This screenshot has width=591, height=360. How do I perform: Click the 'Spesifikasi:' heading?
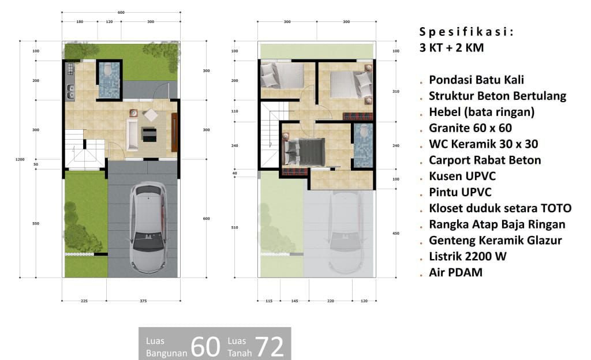(466, 32)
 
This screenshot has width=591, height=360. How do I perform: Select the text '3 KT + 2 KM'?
(451, 48)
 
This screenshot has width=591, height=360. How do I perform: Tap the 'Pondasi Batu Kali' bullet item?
(476, 80)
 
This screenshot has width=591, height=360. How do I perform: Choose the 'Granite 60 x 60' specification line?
(470, 128)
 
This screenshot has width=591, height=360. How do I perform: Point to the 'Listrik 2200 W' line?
(467, 257)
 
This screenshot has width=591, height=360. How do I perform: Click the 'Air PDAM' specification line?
(456, 273)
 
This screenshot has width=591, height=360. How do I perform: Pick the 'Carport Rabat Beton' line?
(485, 160)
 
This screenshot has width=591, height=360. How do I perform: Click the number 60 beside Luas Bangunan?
(205, 347)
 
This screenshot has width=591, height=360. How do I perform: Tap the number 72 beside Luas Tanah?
(270, 347)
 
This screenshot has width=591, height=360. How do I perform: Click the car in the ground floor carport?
(148, 227)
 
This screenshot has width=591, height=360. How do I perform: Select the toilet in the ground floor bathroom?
(107, 70)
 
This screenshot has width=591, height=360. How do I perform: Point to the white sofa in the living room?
(132, 135)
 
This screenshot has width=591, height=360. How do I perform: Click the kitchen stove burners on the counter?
(70, 68)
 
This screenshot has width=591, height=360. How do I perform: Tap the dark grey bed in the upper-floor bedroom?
(304, 152)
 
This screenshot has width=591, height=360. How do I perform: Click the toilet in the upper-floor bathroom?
(364, 131)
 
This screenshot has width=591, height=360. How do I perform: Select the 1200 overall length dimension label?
(20, 159)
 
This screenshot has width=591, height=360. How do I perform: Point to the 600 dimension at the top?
(121, 13)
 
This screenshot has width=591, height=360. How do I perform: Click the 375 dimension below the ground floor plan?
(143, 301)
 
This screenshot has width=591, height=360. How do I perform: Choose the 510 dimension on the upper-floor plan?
(234, 227)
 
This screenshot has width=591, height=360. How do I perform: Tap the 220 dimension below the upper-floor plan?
(331, 301)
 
